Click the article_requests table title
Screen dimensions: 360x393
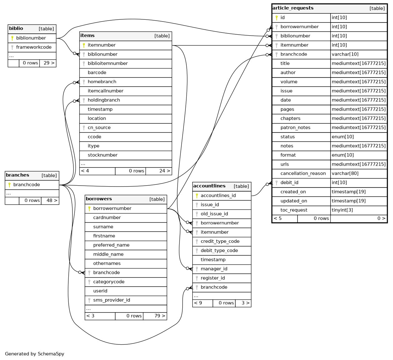(x=293, y=8)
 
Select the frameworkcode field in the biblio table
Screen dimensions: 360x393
(x=34, y=47)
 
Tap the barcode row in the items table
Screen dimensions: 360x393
(x=97, y=72)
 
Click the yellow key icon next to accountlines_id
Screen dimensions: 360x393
(x=197, y=196)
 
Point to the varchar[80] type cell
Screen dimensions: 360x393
(x=345, y=173)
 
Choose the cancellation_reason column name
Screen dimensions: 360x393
(x=303, y=173)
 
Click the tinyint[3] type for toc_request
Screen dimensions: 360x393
(x=342, y=210)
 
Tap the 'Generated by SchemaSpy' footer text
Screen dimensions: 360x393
(x=35, y=354)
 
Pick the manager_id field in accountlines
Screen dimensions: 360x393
(x=214, y=269)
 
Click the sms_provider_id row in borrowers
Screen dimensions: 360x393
(x=111, y=300)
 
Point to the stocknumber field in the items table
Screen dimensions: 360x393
(x=102, y=155)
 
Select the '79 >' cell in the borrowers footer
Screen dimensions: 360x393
(x=155, y=316)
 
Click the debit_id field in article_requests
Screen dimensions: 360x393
(x=289, y=182)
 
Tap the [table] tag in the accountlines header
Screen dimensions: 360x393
(x=241, y=186)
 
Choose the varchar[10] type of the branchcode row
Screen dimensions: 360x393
(x=345, y=54)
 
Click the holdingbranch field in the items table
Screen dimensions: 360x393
(x=104, y=100)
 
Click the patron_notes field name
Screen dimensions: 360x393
(x=295, y=127)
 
